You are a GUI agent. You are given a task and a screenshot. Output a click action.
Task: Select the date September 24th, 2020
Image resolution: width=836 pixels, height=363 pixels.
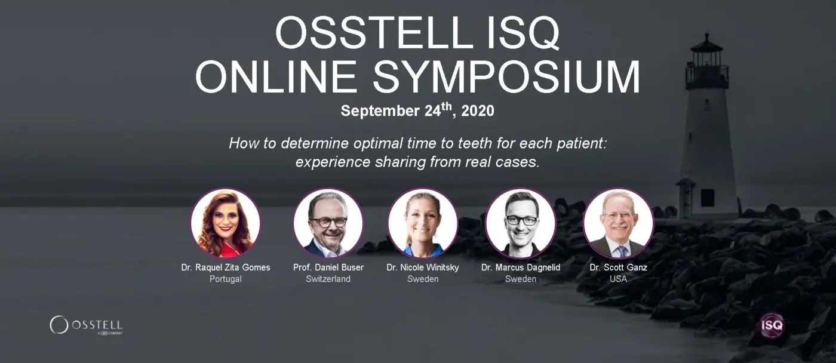point(417,111)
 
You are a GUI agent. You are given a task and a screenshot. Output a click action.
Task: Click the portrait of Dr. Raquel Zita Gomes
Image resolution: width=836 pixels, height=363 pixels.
point(226,223)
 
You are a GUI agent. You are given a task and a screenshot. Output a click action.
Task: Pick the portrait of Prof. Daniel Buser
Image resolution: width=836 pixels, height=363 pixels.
point(328,223)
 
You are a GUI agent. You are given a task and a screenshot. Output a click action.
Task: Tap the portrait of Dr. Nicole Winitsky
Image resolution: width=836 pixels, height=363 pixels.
point(423,223)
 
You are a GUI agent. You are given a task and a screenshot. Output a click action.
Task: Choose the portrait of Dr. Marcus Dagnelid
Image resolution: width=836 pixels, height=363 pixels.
point(521,223)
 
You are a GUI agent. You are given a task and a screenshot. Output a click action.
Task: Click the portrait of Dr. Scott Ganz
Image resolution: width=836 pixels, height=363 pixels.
point(618,223)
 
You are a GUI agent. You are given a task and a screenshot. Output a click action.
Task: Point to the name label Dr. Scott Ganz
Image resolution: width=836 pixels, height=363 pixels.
point(618,267)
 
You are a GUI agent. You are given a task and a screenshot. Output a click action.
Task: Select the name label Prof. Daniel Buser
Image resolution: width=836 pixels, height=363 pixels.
point(328,267)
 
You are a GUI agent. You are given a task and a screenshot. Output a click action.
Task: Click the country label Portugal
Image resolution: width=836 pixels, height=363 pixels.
point(226,279)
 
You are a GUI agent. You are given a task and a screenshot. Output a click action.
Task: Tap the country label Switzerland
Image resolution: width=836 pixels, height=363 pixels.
point(328,279)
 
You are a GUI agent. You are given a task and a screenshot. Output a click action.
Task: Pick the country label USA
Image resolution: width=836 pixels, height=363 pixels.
point(618,279)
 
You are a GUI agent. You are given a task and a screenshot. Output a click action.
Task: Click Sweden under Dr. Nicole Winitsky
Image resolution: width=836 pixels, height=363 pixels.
point(423,279)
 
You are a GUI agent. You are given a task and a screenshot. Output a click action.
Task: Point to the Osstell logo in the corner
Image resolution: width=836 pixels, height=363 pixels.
point(86,325)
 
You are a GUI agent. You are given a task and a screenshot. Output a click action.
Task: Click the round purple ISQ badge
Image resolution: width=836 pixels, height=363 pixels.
point(772,325)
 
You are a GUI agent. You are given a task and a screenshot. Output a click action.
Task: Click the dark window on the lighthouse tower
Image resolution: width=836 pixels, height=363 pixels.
point(708,197)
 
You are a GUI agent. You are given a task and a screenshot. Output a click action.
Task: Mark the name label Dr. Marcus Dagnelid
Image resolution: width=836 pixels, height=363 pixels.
point(521,267)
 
